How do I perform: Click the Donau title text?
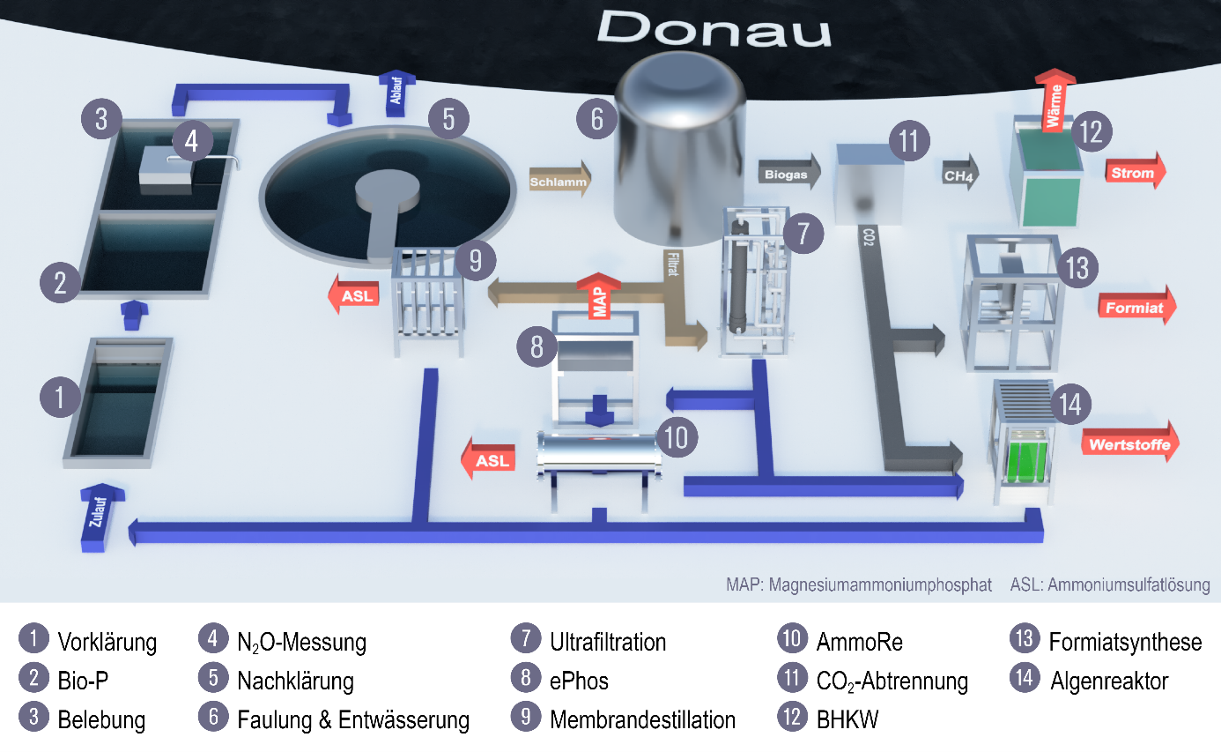point(714,28)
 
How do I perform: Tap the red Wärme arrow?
point(1054,101)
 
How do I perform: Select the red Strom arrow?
point(1136,171)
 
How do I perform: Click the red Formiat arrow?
point(1136,306)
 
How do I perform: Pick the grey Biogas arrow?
point(789,173)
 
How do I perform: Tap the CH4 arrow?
point(960,174)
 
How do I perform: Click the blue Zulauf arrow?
point(100,517)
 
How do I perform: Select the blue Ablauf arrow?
point(396,93)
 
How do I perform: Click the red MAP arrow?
point(599,295)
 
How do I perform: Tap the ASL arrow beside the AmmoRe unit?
point(488,458)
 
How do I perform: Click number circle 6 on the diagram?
point(597,119)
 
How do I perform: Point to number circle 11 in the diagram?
point(909,141)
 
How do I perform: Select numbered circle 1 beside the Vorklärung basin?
point(60,397)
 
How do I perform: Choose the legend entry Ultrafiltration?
point(608,642)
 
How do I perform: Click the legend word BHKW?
point(847,720)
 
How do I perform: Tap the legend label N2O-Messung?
point(301,643)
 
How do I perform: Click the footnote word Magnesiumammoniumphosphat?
point(880,584)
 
